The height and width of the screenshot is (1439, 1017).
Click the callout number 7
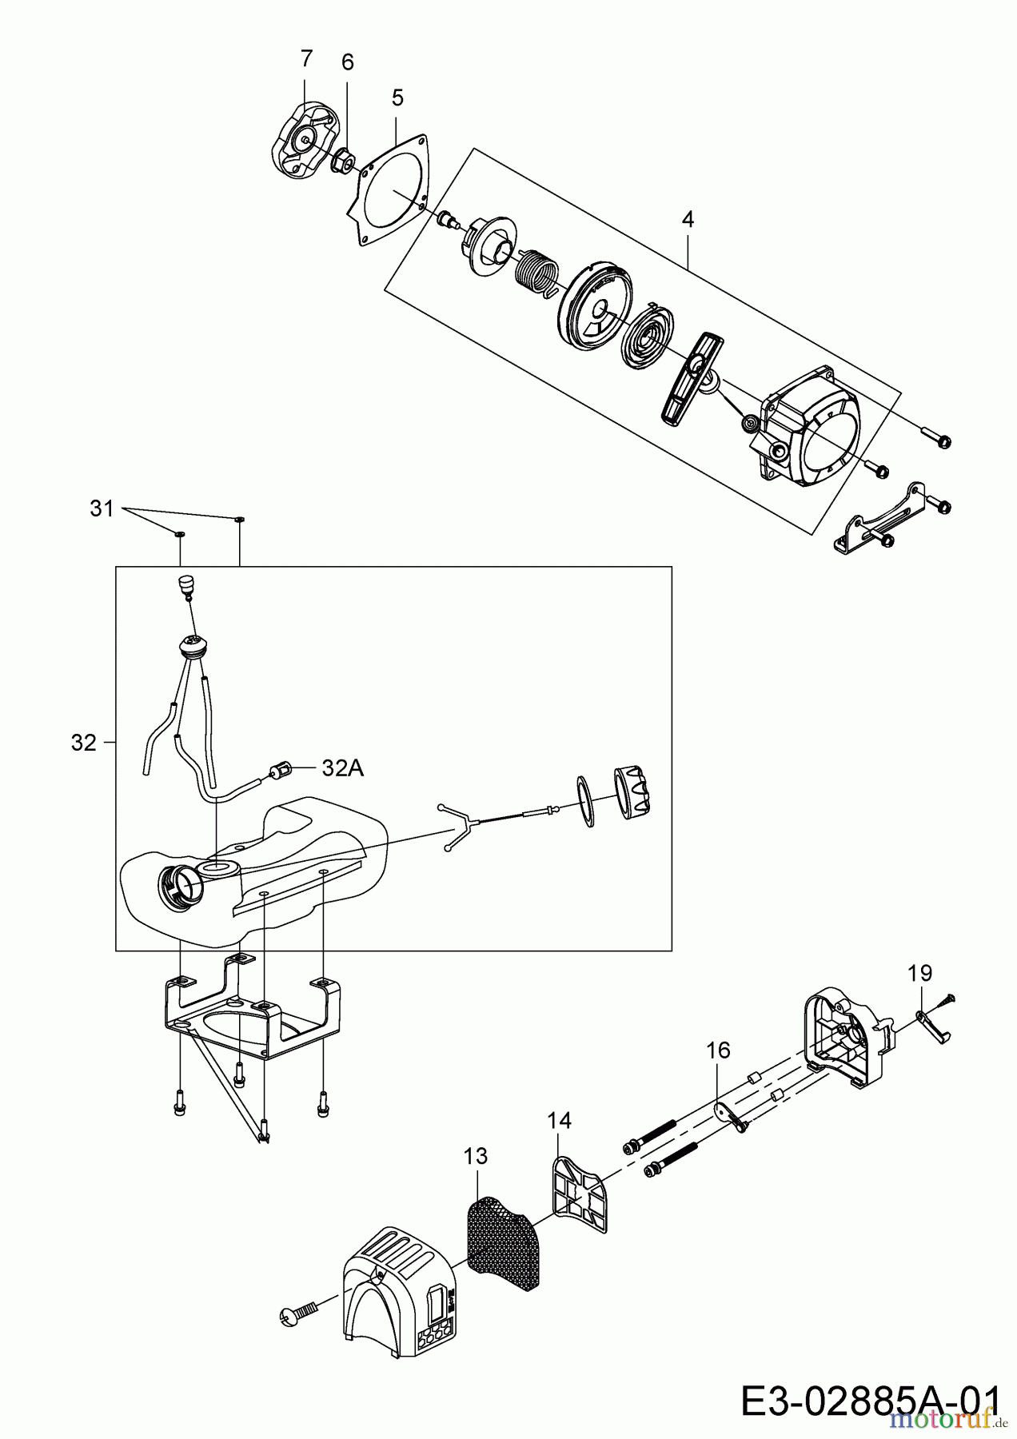[x=306, y=58]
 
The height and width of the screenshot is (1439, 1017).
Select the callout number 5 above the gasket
[x=397, y=98]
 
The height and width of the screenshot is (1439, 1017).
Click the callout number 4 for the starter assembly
[x=688, y=219]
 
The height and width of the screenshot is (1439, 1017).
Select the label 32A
[x=342, y=768]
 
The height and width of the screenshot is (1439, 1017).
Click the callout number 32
[x=83, y=743]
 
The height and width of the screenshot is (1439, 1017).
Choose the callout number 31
[x=102, y=508]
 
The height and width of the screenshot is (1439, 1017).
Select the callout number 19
[x=920, y=973]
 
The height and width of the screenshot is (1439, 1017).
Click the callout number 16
[x=719, y=1050]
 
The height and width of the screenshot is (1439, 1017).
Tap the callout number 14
[x=560, y=1121]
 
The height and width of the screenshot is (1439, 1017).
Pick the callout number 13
[x=475, y=1156]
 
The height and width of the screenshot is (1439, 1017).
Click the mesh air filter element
[x=502, y=1235]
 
